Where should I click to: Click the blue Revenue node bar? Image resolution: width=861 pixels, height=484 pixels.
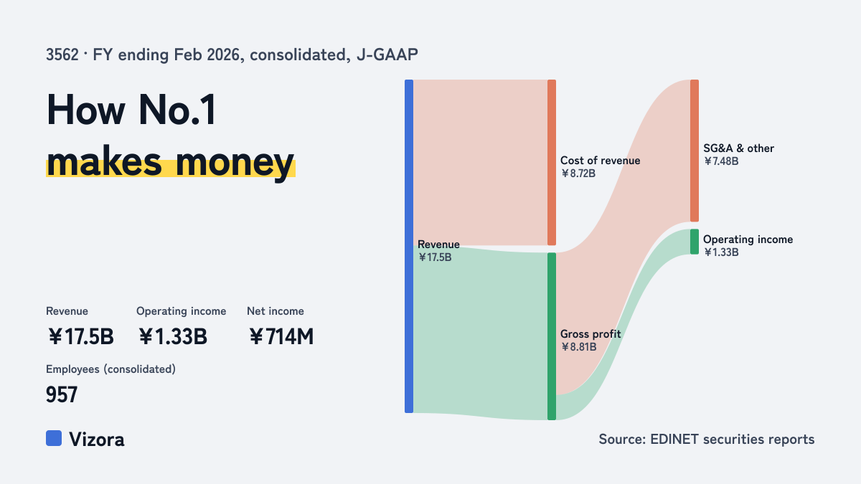(x=409, y=246)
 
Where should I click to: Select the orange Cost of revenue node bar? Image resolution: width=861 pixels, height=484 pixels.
(x=552, y=163)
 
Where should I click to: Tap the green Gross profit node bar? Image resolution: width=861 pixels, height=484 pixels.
(x=552, y=336)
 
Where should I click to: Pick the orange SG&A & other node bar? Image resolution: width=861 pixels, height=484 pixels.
(x=695, y=151)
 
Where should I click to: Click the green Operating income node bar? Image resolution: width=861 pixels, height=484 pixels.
(x=695, y=242)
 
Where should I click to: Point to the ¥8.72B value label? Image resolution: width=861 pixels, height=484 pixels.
(x=578, y=174)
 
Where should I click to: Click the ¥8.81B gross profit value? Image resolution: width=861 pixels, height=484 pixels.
(x=578, y=347)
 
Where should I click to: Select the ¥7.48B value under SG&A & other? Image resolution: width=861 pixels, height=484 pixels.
(x=721, y=161)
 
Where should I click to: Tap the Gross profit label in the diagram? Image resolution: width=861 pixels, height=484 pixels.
(x=591, y=334)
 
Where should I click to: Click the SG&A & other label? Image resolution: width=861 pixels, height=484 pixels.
(x=739, y=148)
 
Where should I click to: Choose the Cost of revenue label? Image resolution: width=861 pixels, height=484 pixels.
(x=600, y=161)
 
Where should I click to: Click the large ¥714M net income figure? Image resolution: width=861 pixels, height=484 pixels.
(x=281, y=336)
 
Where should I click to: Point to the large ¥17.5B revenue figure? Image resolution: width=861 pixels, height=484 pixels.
(x=80, y=336)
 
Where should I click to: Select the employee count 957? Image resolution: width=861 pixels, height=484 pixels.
(x=62, y=394)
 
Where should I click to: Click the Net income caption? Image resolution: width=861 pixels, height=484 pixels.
(x=276, y=311)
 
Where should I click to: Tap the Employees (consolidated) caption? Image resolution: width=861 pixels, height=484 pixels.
(x=110, y=369)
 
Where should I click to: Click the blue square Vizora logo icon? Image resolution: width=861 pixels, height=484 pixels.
(x=54, y=438)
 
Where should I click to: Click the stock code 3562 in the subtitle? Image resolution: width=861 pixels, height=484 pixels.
(x=62, y=55)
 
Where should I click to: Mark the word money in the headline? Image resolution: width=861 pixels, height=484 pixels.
(x=235, y=163)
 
